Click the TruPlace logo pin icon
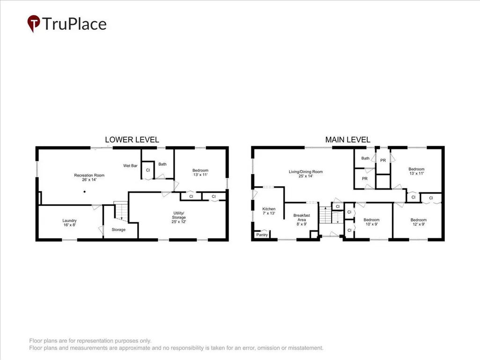point(34,23)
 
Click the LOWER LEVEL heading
point(132,140)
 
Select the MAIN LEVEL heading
point(348,140)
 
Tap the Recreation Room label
point(89,177)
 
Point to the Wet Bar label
point(130,166)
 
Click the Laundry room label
point(69,222)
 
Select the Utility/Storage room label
point(179,217)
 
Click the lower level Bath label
point(162,164)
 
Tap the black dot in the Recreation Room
point(84,191)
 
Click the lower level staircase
point(121,211)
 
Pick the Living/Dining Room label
point(305,174)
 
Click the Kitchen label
point(269,211)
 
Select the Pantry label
point(262,235)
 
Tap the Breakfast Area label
point(302,220)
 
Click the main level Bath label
point(365,158)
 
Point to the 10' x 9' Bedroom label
point(371,222)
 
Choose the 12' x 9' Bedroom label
point(419,222)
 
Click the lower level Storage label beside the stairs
point(118,229)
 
